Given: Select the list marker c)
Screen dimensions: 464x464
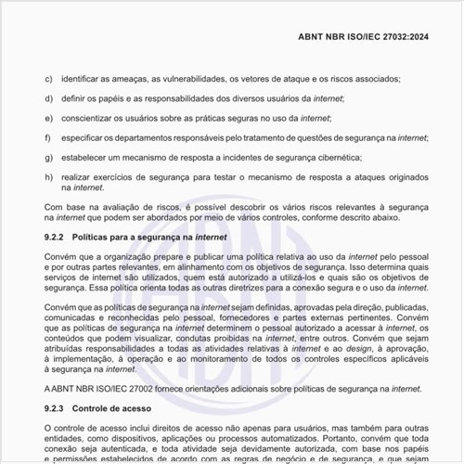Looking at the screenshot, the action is coord(48,80).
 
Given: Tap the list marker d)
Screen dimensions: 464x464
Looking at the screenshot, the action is coord(48,98).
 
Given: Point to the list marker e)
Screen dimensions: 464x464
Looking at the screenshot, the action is coord(48,118).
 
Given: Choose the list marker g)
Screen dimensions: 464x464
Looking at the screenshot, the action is coord(48,157).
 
